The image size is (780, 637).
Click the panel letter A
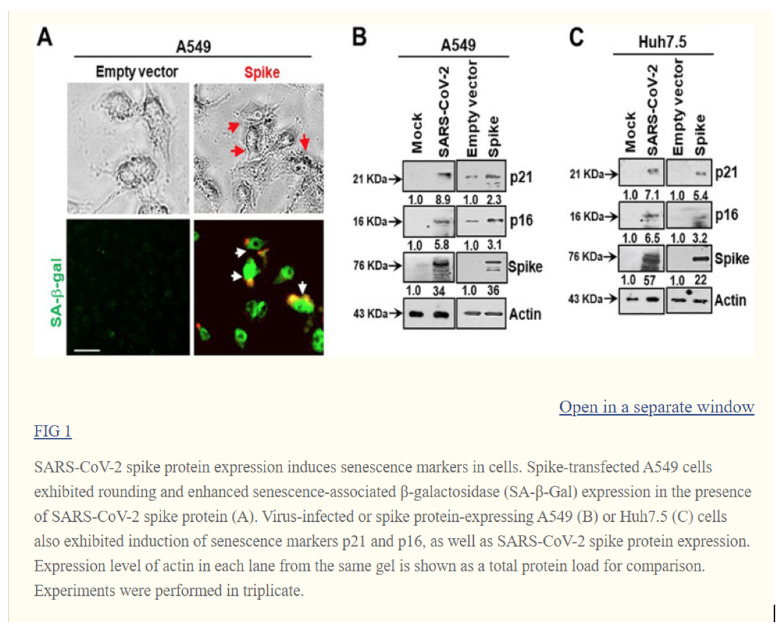pos(45,38)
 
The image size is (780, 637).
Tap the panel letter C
pos(577,37)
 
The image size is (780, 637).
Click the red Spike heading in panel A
pos(262,72)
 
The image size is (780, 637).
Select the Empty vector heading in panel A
pos(137,72)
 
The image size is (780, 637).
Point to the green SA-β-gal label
pos(56,292)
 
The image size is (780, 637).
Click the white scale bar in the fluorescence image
pos(87,350)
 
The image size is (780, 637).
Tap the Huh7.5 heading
pos(662,42)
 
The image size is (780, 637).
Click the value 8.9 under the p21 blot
pos(443,200)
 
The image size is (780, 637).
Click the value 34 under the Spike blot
pos(439,291)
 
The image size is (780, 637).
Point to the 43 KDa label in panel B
pos(370,314)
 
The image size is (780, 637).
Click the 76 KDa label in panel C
pos(586,256)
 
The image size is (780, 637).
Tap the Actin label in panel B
pos(525,314)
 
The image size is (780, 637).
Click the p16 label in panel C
pos(727,215)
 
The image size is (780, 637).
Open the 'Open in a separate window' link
pos(656,407)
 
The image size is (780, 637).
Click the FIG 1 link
pos(53,431)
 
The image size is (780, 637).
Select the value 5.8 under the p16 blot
pos(442,245)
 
